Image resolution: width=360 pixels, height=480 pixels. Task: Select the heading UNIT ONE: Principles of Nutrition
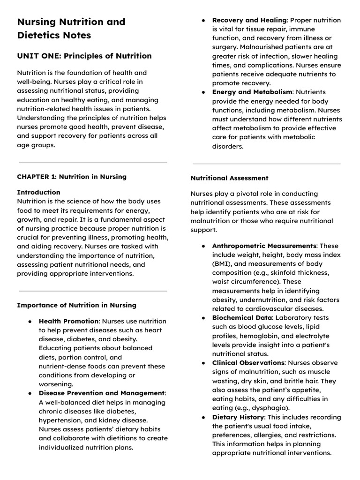click(84, 56)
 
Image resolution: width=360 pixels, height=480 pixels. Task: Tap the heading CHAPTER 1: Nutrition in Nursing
click(72, 177)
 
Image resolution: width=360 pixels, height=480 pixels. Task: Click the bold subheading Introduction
click(38, 192)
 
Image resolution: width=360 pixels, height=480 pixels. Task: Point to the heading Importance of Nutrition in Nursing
click(76, 305)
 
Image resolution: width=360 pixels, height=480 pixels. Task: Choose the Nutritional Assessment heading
click(229, 178)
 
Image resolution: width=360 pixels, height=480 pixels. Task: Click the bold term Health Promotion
click(68, 321)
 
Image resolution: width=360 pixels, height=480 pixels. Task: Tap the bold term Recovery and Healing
click(249, 20)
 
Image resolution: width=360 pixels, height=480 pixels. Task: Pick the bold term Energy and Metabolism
click(252, 92)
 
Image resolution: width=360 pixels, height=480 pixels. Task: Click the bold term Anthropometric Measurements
click(264, 246)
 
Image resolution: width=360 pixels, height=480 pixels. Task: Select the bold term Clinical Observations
click(248, 363)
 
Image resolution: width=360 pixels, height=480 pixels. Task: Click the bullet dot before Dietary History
click(203, 417)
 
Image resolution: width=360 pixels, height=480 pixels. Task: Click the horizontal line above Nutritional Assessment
click(266, 164)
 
